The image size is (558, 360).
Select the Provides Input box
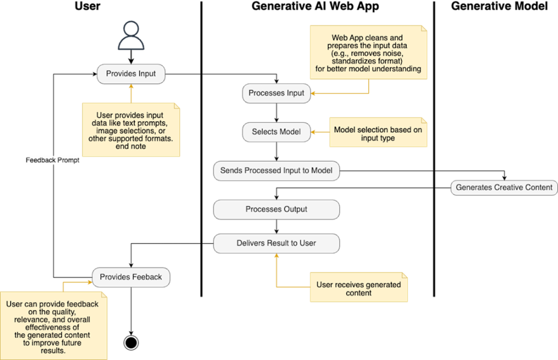coord(131,74)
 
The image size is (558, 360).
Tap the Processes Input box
coord(276,93)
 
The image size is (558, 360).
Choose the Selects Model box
coord(276,132)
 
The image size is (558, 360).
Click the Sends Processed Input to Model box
coord(276,171)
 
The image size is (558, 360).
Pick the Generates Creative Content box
coord(504,188)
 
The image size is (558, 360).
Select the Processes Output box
coord(276,209)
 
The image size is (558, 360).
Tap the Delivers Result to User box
coord(276,243)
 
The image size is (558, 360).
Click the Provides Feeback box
coord(131,277)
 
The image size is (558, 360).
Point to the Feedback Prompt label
coord(53,160)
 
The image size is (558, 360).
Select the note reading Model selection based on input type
coord(378,133)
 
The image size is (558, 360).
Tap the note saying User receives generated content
coord(359,288)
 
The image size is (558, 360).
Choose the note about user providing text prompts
coord(131,131)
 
